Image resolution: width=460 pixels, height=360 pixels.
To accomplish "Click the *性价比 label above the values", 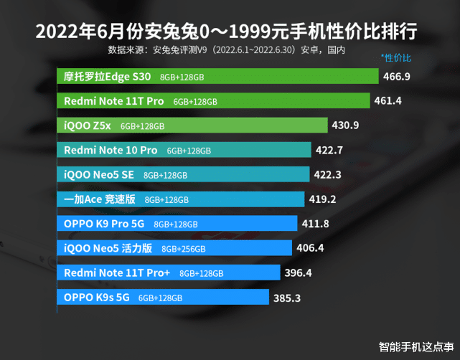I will [x=397, y=57].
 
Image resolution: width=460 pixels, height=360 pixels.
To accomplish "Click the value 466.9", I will [x=397, y=77].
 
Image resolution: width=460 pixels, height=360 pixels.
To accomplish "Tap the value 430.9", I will [x=345, y=125].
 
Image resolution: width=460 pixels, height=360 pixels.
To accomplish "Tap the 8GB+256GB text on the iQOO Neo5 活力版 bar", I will [x=184, y=249].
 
